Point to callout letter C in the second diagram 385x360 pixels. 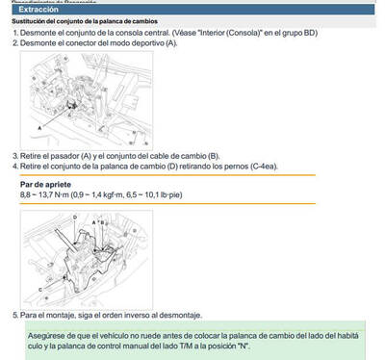38,288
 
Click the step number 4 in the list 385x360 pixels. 14,167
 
